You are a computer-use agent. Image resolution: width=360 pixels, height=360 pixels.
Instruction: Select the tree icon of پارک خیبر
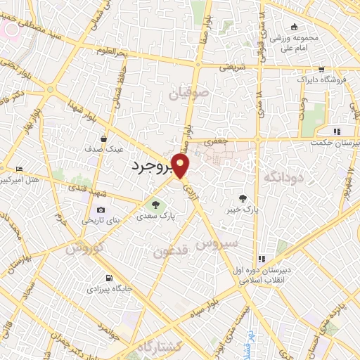point(243,198)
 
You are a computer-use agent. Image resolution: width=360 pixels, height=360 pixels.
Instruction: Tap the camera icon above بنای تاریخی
point(101,210)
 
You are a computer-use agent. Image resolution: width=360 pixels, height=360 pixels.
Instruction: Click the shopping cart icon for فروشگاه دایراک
point(321,70)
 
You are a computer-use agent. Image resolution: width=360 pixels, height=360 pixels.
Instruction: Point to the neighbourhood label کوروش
point(85,248)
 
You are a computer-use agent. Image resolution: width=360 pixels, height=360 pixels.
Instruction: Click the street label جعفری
point(213,141)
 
